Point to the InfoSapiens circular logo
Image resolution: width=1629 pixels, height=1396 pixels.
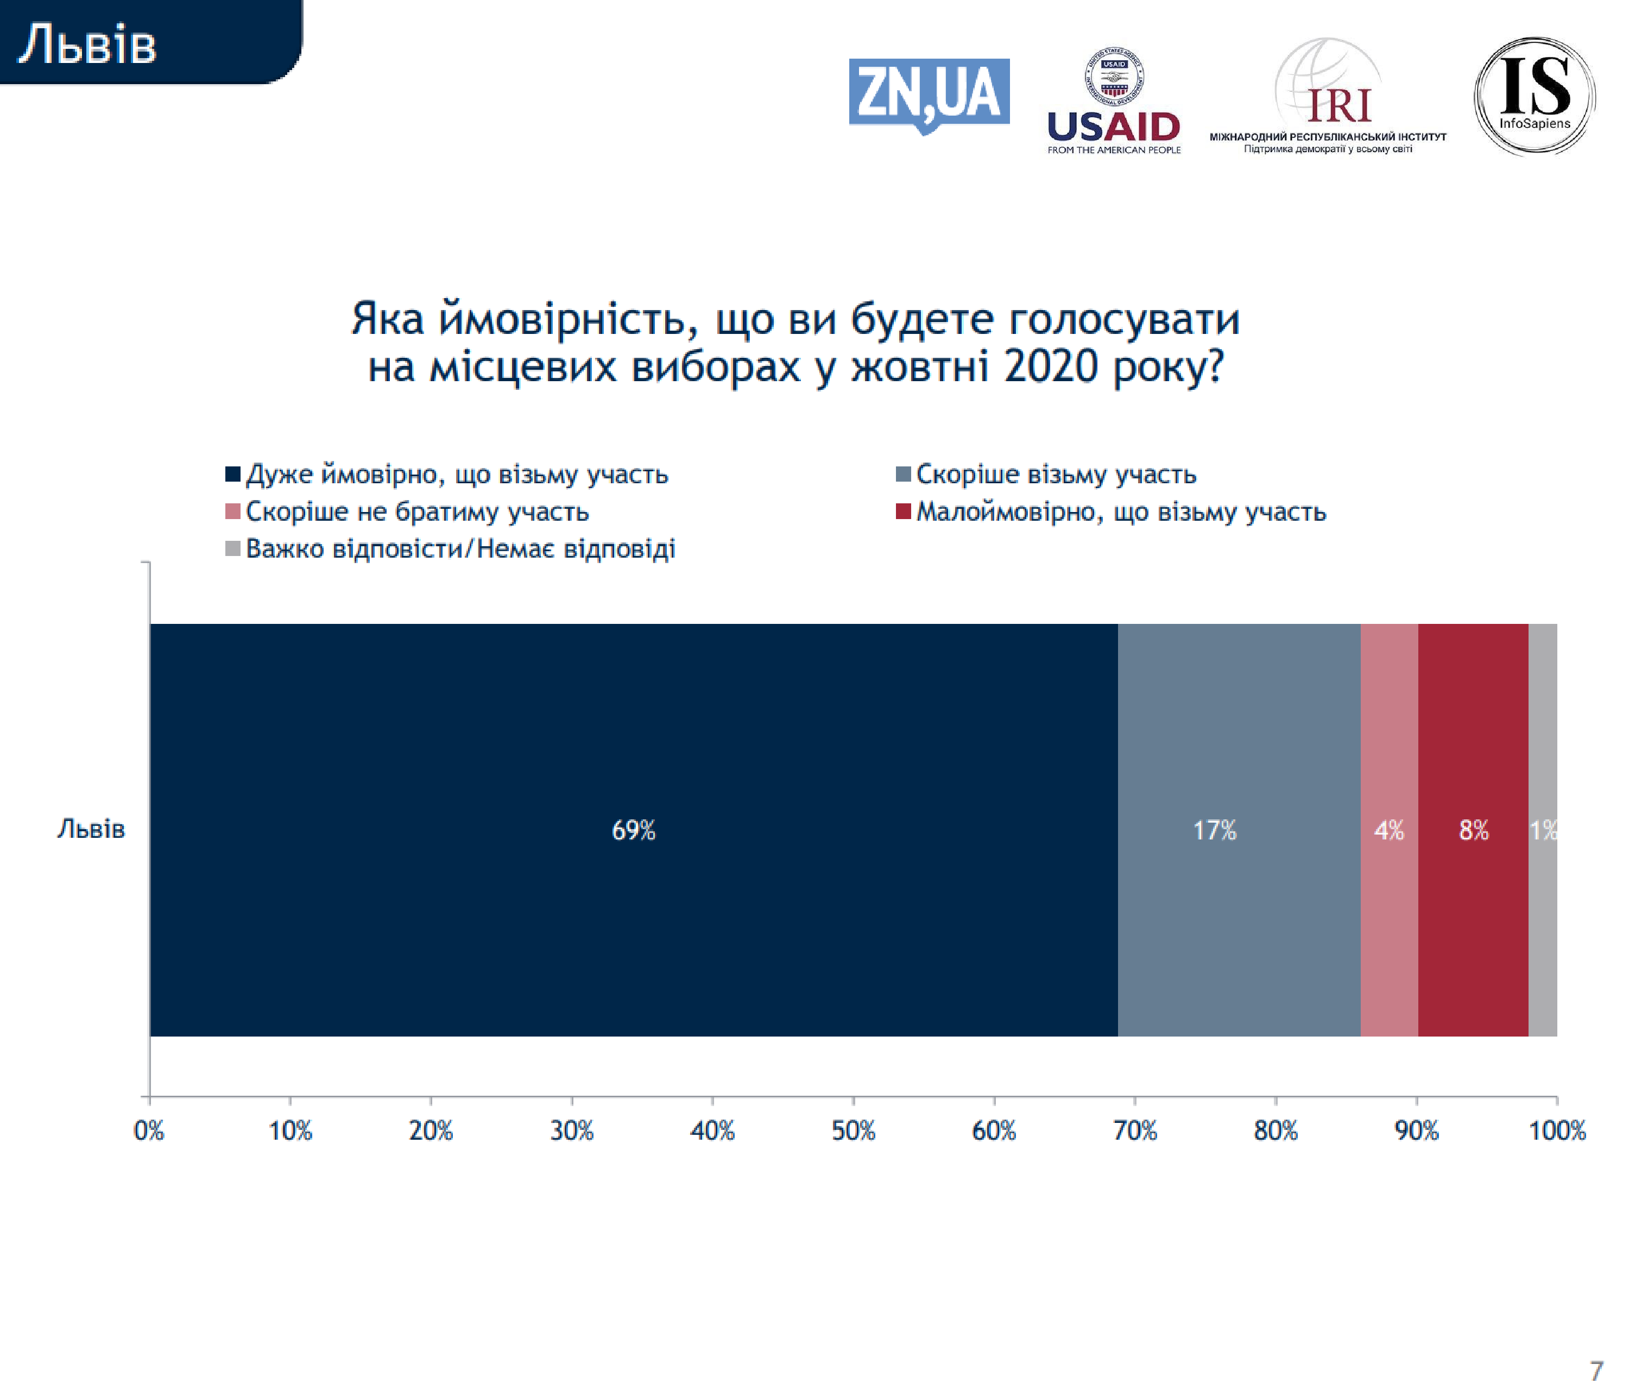(x=1534, y=96)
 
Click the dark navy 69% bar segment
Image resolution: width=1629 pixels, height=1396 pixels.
(x=634, y=830)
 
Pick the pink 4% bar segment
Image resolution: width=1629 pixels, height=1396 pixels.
(x=1389, y=830)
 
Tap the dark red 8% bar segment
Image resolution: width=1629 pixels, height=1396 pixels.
(x=1473, y=830)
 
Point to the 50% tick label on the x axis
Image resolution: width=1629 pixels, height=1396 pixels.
(x=853, y=1131)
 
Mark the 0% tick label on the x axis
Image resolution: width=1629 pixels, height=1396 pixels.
(x=149, y=1131)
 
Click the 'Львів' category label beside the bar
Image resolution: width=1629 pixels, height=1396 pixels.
(x=91, y=829)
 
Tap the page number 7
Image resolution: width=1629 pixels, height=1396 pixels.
(x=1596, y=1371)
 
